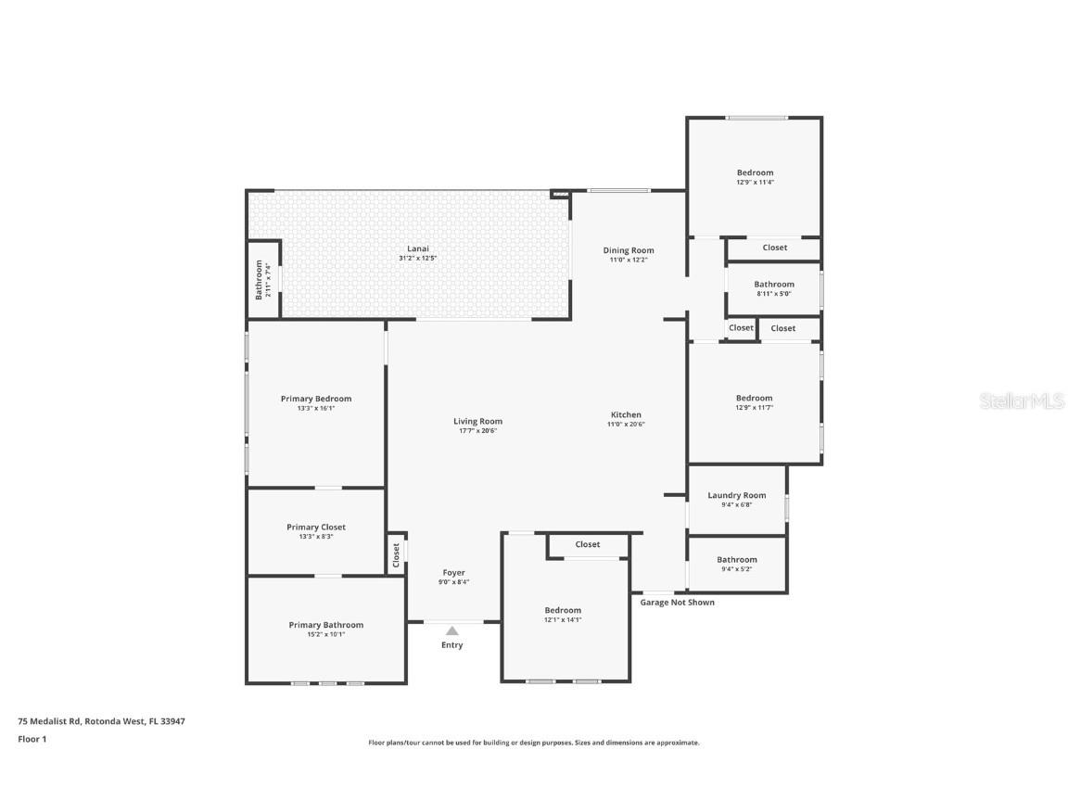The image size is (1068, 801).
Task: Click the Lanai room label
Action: click(417, 248)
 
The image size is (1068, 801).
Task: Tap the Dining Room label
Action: click(629, 250)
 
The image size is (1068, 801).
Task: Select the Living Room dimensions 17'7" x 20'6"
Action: click(477, 431)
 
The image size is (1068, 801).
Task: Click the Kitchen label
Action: click(626, 414)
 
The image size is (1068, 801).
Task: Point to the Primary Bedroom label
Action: click(316, 399)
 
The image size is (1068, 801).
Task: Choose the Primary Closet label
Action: click(316, 527)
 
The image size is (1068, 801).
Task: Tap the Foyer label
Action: click(453, 572)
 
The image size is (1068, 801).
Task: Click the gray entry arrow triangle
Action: click(452, 630)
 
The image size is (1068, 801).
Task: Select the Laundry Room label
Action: click(737, 495)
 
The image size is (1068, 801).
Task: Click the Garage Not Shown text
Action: click(678, 603)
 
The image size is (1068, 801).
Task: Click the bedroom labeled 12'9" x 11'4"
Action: click(755, 172)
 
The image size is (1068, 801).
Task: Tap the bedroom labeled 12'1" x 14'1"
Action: click(563, 610)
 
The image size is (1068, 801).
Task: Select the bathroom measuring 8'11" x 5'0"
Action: click(774, 285)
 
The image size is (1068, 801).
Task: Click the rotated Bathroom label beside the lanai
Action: click(259, 279)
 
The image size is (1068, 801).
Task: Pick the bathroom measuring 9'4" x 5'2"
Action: click(737, 559)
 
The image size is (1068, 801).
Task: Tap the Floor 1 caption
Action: click(32, 739)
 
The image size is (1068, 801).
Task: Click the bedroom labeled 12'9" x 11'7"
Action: click(754, 399)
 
